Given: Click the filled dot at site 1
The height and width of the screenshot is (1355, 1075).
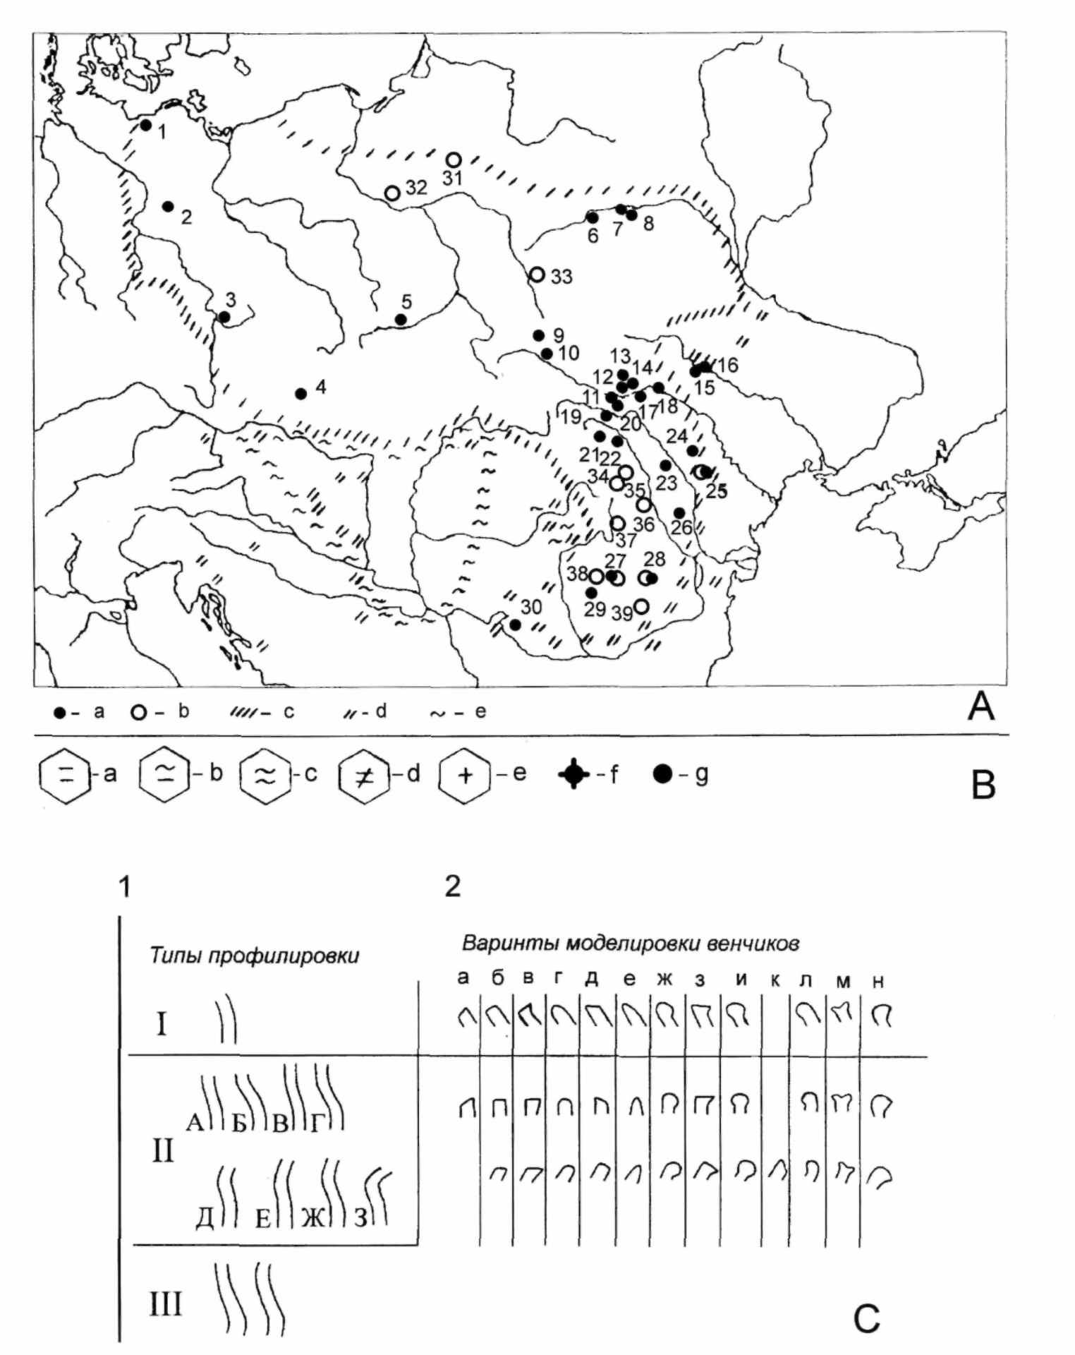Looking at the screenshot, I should (145, 125).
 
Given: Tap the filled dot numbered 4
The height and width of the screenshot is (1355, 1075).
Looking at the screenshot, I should (301, 394).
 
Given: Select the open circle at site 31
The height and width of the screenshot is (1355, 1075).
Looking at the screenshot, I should (454, 159).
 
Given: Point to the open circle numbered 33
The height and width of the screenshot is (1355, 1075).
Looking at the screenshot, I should (537, 274).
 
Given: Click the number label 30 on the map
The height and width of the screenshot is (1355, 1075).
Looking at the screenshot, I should (531, 606).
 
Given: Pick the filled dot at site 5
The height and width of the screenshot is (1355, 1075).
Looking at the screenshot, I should (401, 319).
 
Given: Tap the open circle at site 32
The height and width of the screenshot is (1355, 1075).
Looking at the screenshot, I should (392, 193).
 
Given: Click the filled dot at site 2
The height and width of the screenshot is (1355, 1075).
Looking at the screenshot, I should (168, 206).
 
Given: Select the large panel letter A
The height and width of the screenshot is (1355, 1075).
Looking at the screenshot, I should (981, 706).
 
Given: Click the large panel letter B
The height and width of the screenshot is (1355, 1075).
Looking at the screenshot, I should (983, 785).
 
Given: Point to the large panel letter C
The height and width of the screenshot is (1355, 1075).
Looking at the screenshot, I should (867, 1317).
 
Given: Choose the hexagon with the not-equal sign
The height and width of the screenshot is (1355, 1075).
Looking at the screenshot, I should (363, 776).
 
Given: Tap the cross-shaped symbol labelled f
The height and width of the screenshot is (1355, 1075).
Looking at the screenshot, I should (574, 774).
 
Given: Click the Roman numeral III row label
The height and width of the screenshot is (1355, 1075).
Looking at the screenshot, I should (166, 1303).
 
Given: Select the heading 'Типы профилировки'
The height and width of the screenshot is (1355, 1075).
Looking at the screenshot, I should (254, 956).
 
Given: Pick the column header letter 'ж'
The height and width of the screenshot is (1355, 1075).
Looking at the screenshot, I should (664, 980).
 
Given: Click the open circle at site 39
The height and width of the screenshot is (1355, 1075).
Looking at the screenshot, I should (641, 606).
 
